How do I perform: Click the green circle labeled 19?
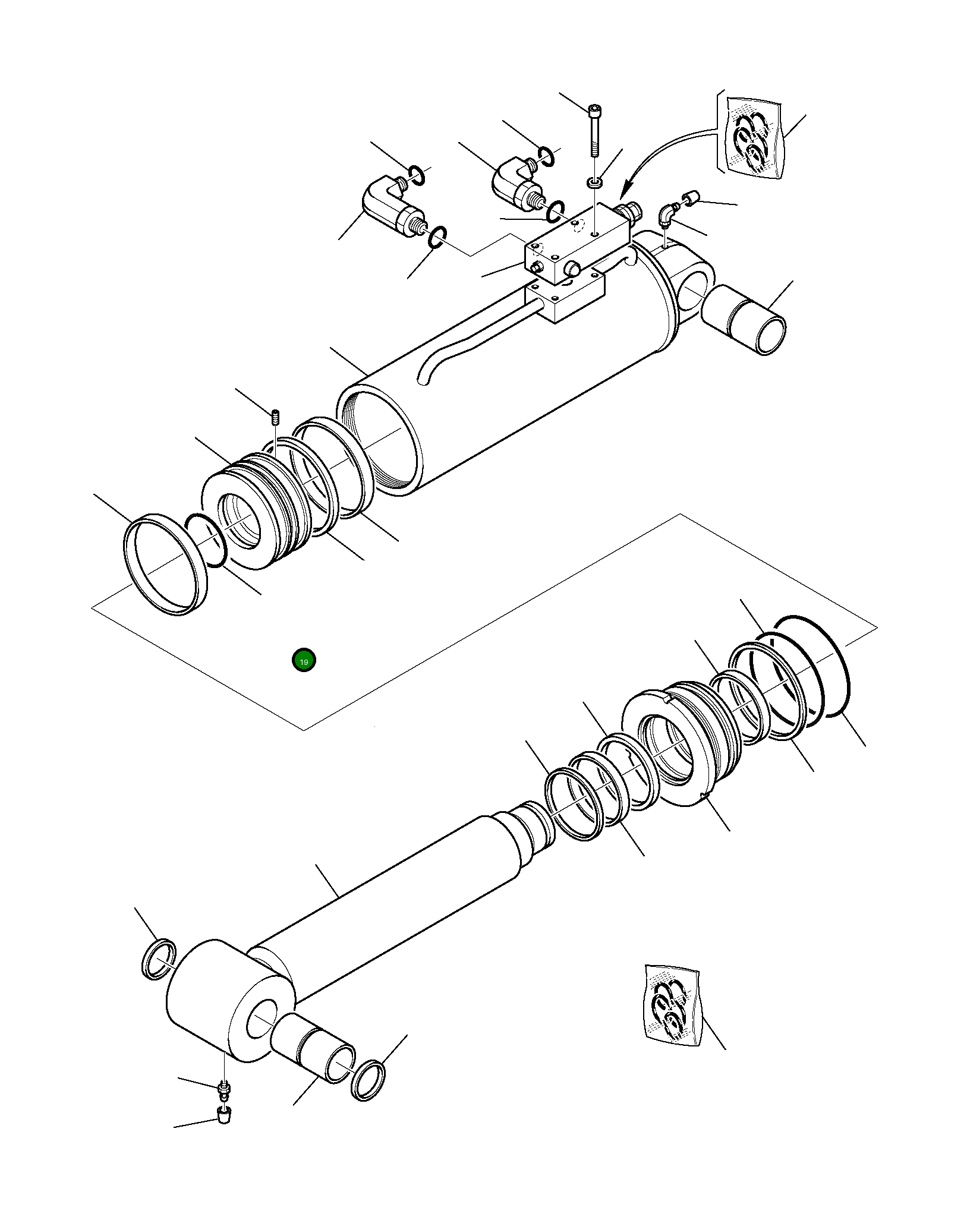(x=304, y=660)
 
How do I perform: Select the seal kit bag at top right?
(x=754, y=137)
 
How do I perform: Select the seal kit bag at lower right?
(x=672, y=1005)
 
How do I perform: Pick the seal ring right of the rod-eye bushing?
(x=368, y=1080)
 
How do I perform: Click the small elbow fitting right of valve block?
(x=667, y=214)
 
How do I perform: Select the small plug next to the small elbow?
(x=691, y=197)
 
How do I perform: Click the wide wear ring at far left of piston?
(x=165, y=564)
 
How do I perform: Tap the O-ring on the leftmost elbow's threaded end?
(x=436, y=237)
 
